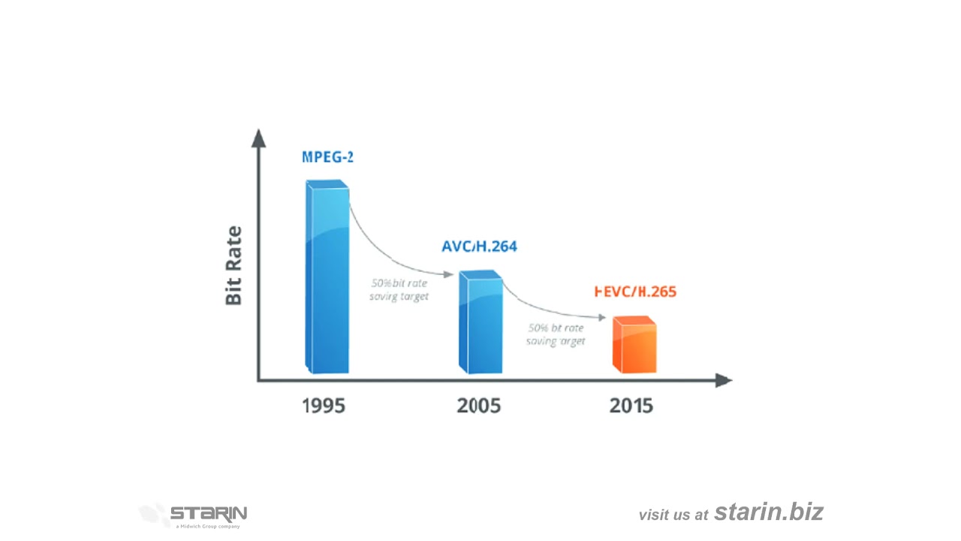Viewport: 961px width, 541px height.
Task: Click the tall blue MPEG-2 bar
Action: click(x=327, y=278)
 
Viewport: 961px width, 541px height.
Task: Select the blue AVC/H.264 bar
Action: click(x=480, y=323)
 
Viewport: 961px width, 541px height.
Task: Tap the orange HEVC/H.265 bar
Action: click(x=634, y=346)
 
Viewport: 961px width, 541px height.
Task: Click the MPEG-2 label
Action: click(x=327, y=157)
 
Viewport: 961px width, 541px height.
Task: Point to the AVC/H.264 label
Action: click(x=479, y=246)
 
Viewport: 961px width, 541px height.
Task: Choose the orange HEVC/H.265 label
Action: click(x=635, y=292)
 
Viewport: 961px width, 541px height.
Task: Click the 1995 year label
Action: click(x=324, y=406)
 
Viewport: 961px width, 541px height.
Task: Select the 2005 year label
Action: click(x=478, y=406)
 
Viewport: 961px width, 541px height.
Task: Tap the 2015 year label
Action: click(x=631, y=406)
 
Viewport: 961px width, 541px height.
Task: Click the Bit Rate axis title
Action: click(x=234, y=265)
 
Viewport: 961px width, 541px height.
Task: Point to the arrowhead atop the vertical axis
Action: click(x=259, y=138)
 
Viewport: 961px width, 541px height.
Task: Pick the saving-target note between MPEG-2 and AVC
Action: click(x=399, y=290)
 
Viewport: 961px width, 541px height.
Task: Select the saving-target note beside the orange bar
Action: click(x=556, y=334)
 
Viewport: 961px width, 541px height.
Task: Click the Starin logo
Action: click(x=194, y=514)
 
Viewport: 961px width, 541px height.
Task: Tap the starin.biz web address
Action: click(x=769, y=512)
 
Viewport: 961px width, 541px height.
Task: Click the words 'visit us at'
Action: click(x=673, y=515)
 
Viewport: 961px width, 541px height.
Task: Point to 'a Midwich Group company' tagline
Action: click(x=208, y=527)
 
